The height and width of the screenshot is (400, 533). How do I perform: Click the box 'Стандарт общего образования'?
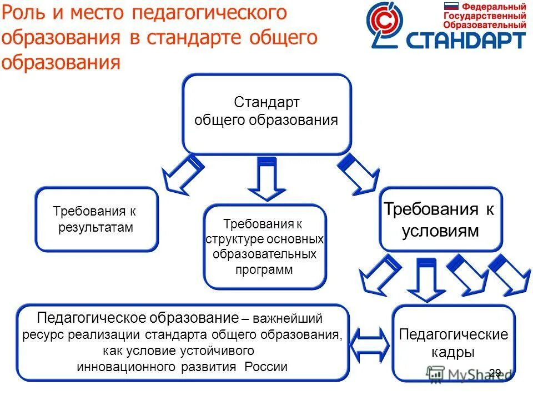pos(266,114)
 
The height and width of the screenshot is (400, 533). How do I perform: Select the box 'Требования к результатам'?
pos(97,219)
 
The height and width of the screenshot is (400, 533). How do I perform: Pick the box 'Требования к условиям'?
pos(440,219)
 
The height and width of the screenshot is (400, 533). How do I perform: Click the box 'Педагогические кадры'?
pos(454,343)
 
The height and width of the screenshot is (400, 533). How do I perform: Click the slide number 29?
pos(495,373)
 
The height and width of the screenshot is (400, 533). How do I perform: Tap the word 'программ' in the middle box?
pos(264,269)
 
